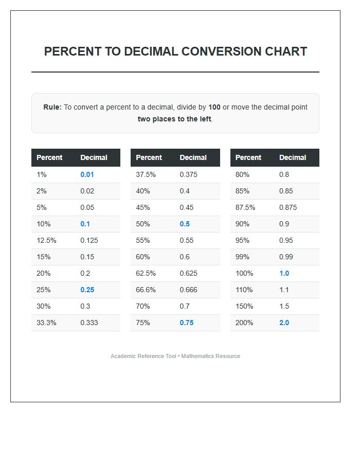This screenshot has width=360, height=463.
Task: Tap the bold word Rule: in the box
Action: click(x=52, y=107)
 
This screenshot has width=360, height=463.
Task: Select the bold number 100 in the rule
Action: click(x=214, y=107)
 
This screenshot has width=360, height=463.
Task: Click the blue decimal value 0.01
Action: click(x=87, y=174)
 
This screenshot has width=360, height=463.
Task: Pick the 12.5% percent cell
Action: click(x=46, y=240)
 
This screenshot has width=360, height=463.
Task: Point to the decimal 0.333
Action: click(x=89, y=323)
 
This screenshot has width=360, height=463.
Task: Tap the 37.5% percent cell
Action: click(x=146, y=174)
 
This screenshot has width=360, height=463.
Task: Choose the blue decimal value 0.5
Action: click(x=185, y=224)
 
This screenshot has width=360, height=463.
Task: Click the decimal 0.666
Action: click(x=188, y=290)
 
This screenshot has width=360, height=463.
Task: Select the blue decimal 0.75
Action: click(x=187, y=323)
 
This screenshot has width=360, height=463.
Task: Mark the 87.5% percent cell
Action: click(x=245, y=207)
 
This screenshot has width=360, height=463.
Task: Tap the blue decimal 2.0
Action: click(x=284, y=323)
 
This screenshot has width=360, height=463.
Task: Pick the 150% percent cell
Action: click(x=244, y=306)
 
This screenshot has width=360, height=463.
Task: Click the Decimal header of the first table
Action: click(x=94, y=157)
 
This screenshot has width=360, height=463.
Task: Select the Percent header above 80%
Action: click(x=248, y=157)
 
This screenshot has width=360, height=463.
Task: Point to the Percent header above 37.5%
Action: click(x=149, y=157)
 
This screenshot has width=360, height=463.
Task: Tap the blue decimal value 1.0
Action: click(x=284, y=273)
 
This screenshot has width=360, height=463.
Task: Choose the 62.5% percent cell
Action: click(x=146, y=273)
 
